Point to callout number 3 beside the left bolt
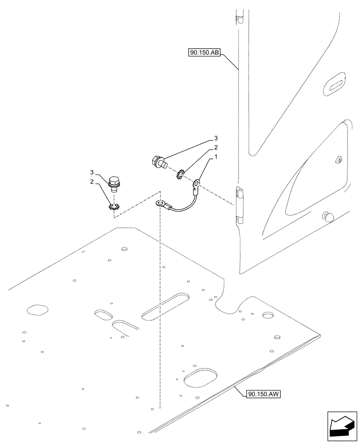(x=92, y=172)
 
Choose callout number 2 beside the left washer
(x=92, y=182)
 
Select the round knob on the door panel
(x=329, y=216)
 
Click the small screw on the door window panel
(x=338, y=159)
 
